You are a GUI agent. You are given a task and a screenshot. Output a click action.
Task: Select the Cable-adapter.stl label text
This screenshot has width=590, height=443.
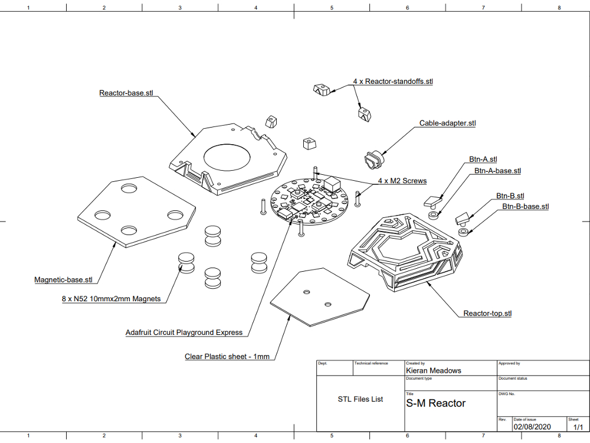[447, 123]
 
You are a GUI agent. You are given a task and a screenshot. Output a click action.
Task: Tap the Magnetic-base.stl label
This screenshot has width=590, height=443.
[63, 279]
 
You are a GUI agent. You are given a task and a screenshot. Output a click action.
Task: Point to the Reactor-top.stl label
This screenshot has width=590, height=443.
[487, 313]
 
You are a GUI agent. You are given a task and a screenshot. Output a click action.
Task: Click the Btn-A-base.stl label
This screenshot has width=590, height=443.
[497, 171]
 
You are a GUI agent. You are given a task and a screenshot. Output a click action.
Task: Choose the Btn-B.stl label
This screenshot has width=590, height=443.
[510, 196]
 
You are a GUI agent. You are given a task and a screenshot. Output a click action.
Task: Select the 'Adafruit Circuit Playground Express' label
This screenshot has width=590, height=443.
[184, 333]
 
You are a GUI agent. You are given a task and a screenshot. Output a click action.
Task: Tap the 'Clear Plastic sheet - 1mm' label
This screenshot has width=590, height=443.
[227, 356]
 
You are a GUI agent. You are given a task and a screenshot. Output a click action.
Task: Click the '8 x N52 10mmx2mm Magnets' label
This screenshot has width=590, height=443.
[111, 299]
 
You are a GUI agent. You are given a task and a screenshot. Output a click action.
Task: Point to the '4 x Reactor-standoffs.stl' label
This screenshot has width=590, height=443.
[393, 81]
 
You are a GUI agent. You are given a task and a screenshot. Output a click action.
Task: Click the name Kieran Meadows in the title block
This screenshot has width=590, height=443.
[434, 370]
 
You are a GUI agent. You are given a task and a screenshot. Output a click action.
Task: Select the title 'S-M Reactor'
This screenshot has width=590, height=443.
[436, 403]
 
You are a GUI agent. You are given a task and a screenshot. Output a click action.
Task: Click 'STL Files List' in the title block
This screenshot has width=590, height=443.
[360, 399]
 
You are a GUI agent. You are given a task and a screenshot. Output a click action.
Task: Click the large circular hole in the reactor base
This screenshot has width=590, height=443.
[227, 157]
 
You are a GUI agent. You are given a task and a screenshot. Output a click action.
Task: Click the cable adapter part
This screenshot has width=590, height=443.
[373, 159]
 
